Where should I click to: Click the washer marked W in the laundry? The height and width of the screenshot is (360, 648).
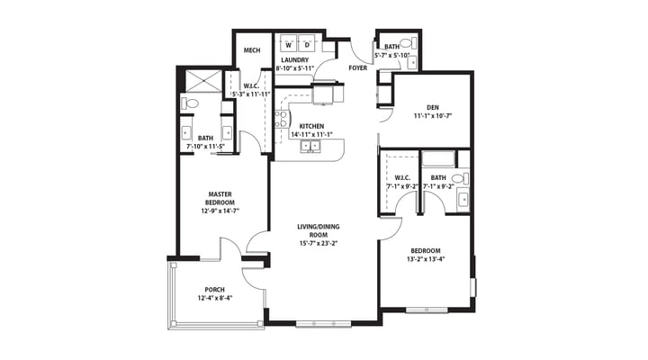tap(289, 43)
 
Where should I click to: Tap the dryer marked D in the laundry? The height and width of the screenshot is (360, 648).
tap(307, 43)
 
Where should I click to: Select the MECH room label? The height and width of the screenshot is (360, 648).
tap(252, 50)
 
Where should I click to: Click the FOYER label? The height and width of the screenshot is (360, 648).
tap(358, 67)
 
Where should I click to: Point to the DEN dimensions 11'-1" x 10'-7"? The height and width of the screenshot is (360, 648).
tap(433, 116)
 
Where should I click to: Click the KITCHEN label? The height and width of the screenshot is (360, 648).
tap(311, 126)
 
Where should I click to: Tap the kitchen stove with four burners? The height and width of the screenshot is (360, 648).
tap(281, 119)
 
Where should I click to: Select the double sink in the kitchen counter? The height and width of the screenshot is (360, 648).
tap(310, 146)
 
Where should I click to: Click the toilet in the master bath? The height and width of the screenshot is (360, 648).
tap(190, 103)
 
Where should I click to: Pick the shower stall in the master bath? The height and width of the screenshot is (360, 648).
tap(203, 81)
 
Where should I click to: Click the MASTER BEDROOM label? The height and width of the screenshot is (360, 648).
tap(220, 198)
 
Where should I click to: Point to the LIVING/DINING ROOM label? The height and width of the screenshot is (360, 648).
tap(319, 230)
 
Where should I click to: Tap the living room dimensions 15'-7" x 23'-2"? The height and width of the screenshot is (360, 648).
tap(319, 243)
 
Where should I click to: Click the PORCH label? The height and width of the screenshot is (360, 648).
tap(215, 290)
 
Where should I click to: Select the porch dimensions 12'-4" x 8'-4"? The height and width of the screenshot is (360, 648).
tap(215, 298)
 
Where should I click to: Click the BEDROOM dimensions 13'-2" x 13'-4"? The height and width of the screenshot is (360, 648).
tap(425, 259)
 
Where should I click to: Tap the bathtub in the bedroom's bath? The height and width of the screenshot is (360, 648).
tap(438, 159)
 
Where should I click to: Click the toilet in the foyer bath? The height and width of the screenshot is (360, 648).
tap(409, 42)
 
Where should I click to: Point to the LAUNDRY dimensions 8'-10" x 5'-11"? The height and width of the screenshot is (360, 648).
tap(295, 68)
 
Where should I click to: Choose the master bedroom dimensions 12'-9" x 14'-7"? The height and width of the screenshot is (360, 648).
tap(220, 211)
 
